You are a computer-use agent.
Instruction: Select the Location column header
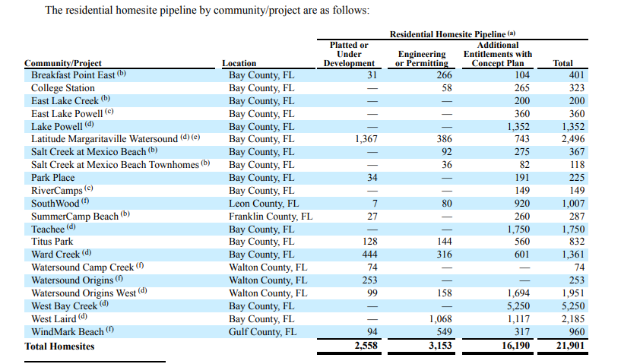[x=239, y=63]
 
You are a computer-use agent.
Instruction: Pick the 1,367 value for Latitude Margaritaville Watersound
[x=366, y=139]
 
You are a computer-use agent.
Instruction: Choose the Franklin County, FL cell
[x=270, y=217]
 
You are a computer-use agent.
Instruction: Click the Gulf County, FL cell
[x=261, y=332]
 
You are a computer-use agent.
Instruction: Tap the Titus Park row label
[x=52, y=242]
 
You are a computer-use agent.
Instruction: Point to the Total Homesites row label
[x=59, y=346]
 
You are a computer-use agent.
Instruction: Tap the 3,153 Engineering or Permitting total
[x=436, y=346]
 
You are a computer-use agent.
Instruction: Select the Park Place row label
[x=52, y=178]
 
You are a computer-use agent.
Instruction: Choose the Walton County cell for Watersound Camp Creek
[x=268, y=267]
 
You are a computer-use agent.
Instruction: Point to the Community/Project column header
[x=63, y=63]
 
